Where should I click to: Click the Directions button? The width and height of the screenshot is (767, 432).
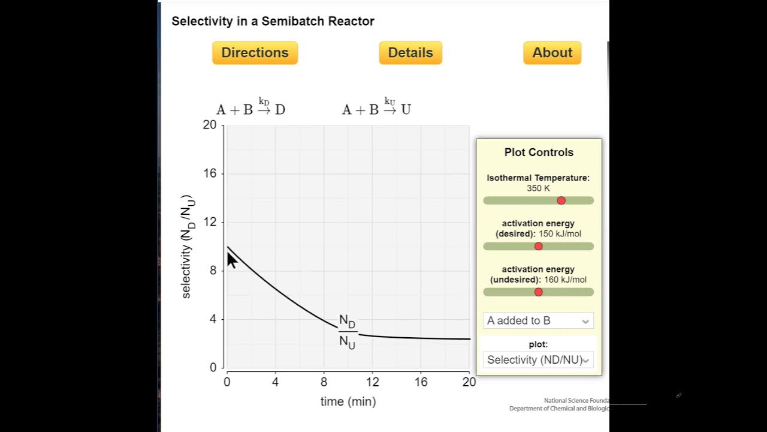tap(255, 53)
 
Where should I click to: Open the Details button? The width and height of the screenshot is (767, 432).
tap(410, 53)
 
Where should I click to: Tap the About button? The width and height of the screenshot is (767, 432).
tap(552, 53)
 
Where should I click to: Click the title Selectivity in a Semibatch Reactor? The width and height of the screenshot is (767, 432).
tap(273, 22)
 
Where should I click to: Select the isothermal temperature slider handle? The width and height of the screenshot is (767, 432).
tap(561, 200)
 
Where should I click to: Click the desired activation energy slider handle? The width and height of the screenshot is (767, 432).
tap(538, 247)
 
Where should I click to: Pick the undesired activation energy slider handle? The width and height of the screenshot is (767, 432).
tap(538, 292)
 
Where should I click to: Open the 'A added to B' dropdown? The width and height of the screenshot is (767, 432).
tap(538, 320)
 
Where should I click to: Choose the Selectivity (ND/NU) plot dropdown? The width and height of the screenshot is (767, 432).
tap(538, 360)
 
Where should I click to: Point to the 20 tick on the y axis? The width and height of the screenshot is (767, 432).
tap(209, 125)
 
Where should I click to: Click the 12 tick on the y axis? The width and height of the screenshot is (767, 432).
tap(209, 222)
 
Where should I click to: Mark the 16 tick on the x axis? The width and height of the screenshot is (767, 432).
tap(421, 382)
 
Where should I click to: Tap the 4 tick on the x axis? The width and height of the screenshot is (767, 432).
tap(275, 382)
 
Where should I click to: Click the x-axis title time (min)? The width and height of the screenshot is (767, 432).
tap(348, 401)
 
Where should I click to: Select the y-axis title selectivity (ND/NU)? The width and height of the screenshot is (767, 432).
tap(187, 247)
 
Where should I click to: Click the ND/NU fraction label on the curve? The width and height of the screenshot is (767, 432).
tap(348, 332)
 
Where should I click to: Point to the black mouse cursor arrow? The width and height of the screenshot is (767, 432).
tap(232, 260)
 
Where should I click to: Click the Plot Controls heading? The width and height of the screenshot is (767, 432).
tap(539, 152)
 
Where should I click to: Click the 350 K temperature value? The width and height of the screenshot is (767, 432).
tap(538, 188)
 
